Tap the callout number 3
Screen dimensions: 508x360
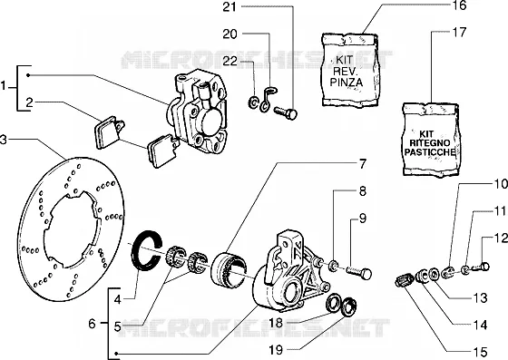pos(4,141)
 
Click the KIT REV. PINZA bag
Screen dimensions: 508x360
pos(350,69)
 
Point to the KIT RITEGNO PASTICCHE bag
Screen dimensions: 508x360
pos(431,141)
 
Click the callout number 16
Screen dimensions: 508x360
pos(459,5)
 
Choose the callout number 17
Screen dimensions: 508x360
pos(459,32)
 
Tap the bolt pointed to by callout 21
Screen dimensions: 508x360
pos(286,113)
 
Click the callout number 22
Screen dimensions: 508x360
pos(230,61)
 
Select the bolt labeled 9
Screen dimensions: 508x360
pos(359,273)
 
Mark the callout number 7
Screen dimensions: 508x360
pos(362,164)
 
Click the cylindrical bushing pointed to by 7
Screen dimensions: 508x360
pos(229,268)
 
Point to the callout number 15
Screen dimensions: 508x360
pos(480,352)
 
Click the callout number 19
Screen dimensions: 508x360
pos(276,350)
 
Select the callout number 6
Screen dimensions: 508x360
pos(93,324)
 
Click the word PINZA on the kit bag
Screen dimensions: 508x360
pos(347,81)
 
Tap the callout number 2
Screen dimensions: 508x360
pos(29,103)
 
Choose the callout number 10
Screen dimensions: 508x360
pos(501,184)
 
